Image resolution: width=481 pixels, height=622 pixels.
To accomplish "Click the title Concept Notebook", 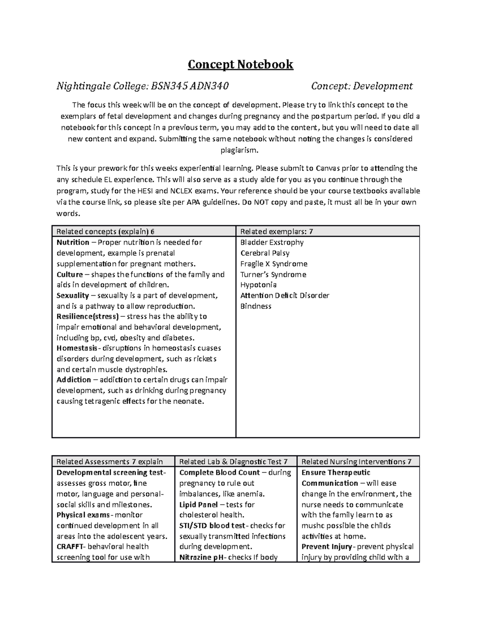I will (240, 64).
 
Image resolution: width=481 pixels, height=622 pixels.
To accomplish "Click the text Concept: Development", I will (362, 86).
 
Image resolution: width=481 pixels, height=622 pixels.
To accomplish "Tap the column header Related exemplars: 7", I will (277, 231).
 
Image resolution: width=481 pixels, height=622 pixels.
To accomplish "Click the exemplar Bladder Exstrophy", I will (272, 242).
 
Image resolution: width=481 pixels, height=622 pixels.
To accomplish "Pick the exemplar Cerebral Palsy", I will (265, 253).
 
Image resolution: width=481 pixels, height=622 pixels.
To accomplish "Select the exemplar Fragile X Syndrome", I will (274, 264).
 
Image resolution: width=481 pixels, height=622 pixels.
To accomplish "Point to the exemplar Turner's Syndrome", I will (273, 274).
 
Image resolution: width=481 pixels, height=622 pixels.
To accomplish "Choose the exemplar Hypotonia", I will (258, 285).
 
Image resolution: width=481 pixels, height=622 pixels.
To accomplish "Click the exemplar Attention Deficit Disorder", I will (285, 296).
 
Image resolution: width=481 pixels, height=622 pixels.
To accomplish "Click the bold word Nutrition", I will (73, 242).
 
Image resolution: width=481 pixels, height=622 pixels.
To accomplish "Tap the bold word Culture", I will (70, 274).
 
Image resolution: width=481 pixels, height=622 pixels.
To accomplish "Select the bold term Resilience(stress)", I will (88, 316).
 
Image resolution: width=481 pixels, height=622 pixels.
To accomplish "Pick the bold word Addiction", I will (74, 380).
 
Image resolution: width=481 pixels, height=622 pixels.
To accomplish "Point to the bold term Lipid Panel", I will (198, 504).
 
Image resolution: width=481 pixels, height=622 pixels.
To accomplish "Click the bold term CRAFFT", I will (71, 547).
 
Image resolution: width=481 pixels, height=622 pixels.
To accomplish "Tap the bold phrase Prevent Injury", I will (327, 547).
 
